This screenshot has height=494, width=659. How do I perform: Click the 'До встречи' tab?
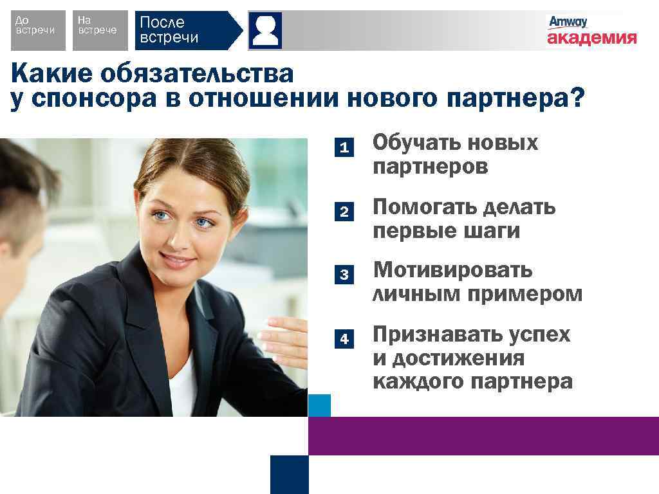[38, 30]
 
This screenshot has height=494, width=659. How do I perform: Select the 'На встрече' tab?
[97, 30]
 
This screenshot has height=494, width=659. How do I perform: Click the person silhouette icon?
[265, 30]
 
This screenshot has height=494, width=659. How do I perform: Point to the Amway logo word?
[568, 22]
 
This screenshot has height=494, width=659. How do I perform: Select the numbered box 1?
[344, 148]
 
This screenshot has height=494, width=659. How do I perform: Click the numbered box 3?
[344, 275]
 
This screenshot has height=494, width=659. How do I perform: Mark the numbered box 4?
[344, 338]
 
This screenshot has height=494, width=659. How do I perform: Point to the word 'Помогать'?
[424, 207]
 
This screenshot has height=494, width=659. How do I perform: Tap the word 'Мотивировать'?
[453, 270]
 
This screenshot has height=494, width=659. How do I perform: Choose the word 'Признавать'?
[435, 334]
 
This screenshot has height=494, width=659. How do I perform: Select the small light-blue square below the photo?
[319, 405]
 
